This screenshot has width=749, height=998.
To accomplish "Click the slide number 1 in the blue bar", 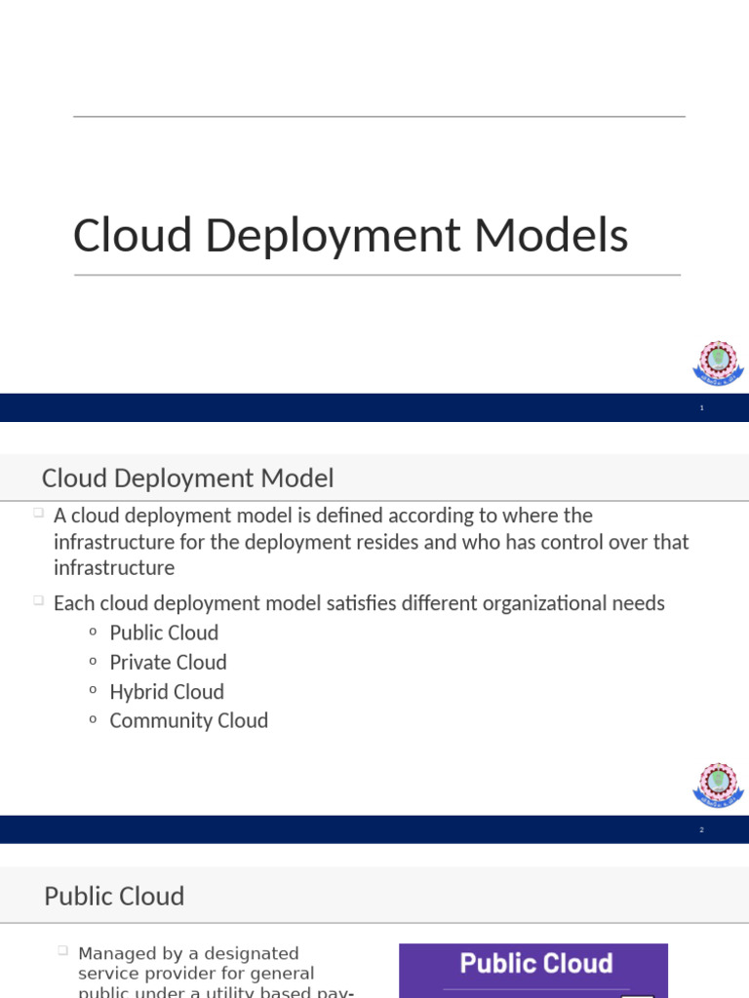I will click(x=701, y=408).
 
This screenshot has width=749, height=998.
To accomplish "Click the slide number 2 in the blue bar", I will click(x=701, y=830).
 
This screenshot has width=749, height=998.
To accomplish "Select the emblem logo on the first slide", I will click(x=718, y=363).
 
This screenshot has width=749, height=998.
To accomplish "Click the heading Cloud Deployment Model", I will click(x=187, y=479).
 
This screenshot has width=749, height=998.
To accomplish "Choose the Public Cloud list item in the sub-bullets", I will click(x=164, y=633).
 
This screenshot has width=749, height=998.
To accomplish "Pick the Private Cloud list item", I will click(x=168, y=662).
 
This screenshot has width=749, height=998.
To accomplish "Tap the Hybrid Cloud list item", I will click(x=167, y=691).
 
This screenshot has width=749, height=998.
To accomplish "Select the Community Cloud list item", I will click(x=188, y=720).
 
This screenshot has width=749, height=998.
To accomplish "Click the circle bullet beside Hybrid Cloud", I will click(x=93, y=690).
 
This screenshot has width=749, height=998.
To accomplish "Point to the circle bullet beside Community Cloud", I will click(x=93, y=719).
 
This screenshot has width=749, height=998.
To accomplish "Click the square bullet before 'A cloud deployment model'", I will click(x=37, y=513).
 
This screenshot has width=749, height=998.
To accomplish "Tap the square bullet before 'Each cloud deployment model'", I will click(x=37, y=601).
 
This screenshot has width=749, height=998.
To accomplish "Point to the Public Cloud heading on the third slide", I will click(x=114, y=896).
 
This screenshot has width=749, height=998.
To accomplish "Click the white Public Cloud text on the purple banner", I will click(x=535, y=964).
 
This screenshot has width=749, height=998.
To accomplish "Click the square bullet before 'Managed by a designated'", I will click(x=61, y=950).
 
